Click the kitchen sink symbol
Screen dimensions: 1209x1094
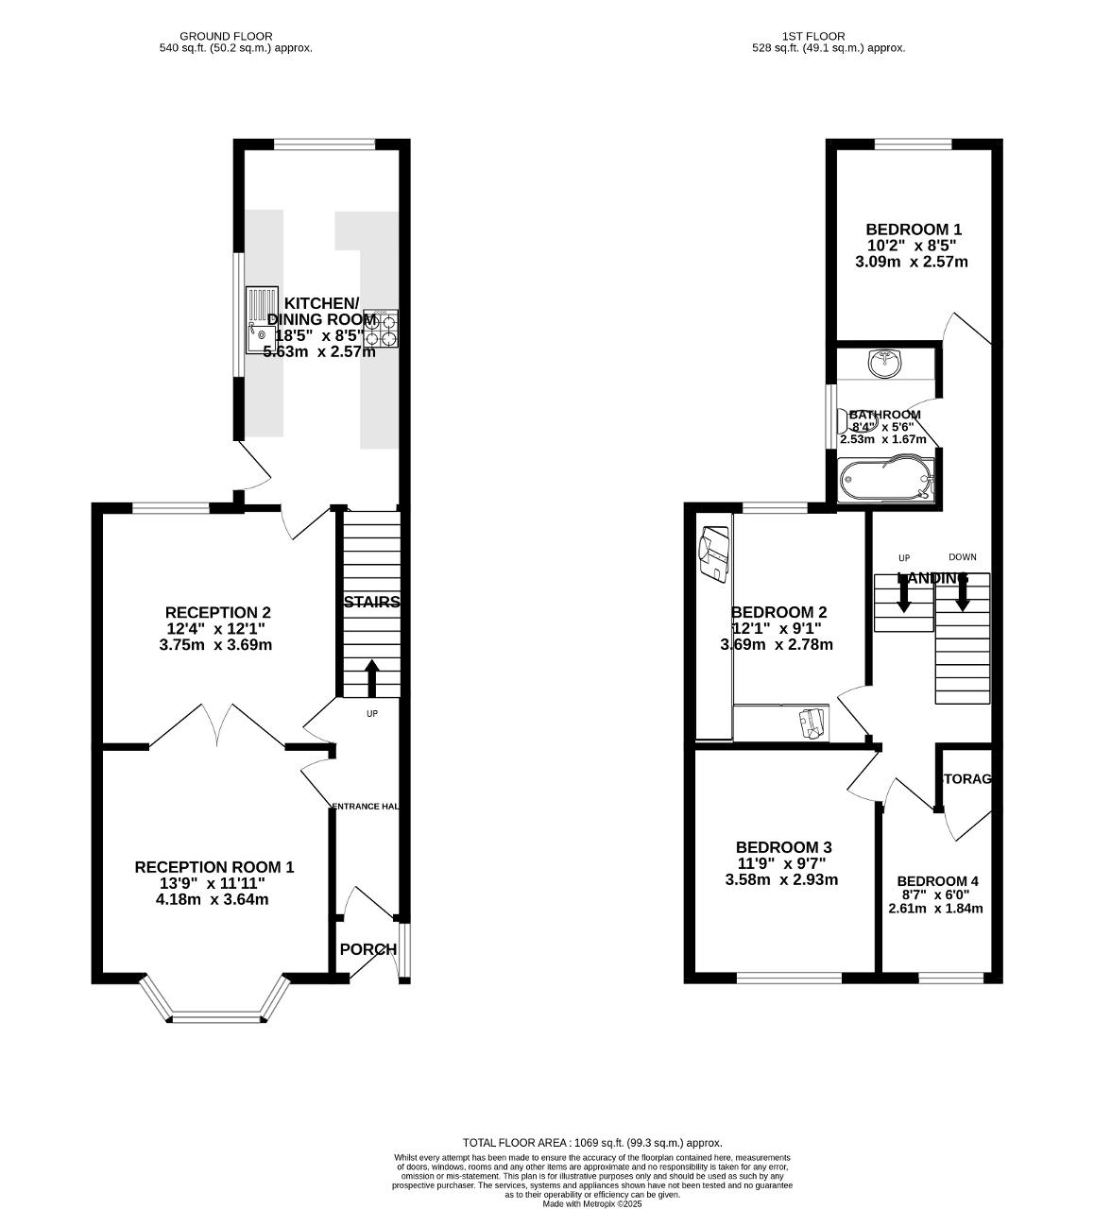tap(262, 319)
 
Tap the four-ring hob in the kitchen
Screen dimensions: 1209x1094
tap(380, 328)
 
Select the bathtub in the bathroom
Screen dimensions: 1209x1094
tap(885, 480)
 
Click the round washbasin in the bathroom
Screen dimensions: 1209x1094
tap(885, 363)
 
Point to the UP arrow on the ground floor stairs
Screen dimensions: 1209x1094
tap(371, 677)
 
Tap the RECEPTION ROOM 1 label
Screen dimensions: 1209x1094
tap(214, 867)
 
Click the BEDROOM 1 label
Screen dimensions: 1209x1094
tap(914, 230)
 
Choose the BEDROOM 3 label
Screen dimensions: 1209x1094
tap(783, 847)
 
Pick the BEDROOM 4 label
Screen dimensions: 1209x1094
tap(937, 881)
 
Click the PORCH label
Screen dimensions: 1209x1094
tap(368, 949)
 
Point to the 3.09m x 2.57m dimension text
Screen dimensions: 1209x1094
tap(911, 263)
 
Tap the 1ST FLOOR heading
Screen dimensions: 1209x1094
tap(799, 36)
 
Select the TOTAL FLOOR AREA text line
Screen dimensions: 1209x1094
tap(591, 1143)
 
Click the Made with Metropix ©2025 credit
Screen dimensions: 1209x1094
tap(591, 1203)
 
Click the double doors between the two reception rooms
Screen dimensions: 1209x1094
tap(217, 727)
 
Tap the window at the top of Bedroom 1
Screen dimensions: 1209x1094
tap(913, 145)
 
